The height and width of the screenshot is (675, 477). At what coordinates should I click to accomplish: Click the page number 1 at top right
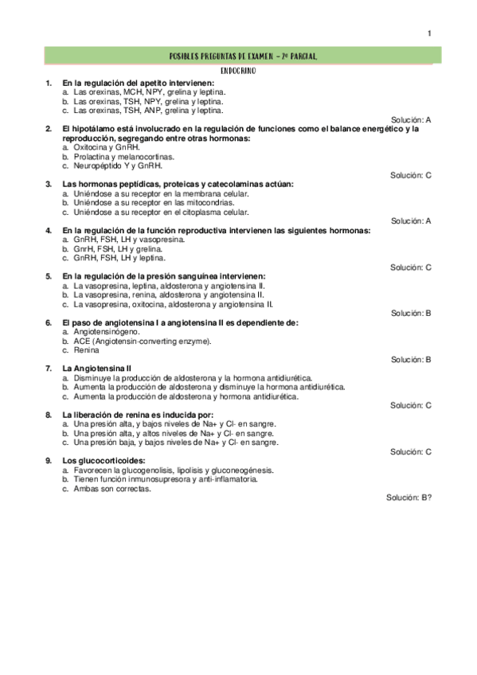pos(429,33)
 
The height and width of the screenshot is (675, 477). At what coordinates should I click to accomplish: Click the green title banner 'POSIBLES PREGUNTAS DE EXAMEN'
pos(244,57)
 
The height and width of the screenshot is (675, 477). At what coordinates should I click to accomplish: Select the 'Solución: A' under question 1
pos(411,119)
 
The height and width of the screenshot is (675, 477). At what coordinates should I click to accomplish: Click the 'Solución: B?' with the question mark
pos(409,497)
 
